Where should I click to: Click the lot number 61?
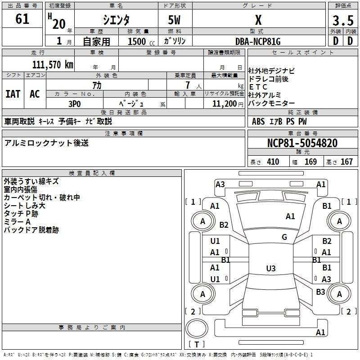pos(22,19)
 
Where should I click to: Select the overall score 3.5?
pos(343,21)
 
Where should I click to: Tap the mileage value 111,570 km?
pos(53,65)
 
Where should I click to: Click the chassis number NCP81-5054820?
pos(302,143)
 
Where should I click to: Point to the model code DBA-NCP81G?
pos(258,41)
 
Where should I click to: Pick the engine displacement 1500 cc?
pos(141,41)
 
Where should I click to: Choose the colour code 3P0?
pos(75,104)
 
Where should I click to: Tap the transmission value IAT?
pos(13,94)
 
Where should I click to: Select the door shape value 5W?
pos(174,20)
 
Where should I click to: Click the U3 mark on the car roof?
pos(271,268)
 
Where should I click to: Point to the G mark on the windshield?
pos(284,237)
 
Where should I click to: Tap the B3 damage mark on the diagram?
pos(320,292)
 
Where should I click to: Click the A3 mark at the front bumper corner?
pos(220,184)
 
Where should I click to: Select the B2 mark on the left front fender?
pos(224,225)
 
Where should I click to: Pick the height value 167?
pos(346,162)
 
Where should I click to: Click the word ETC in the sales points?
pos(258,87)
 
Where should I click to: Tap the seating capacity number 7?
pos(188,85)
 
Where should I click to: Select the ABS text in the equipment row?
pos(258,121)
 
